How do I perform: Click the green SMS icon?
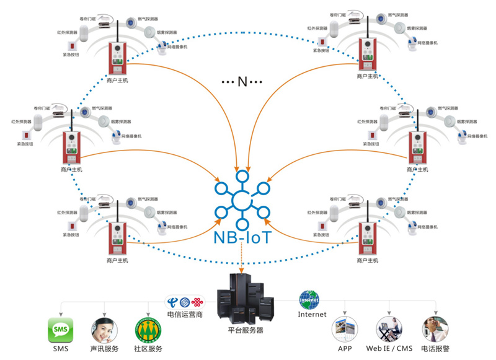pos(61,330)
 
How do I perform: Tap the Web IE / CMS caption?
pos(389,349)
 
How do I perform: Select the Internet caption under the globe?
pos(312,314)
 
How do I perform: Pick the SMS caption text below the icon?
pos(61,349)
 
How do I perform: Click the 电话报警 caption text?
pos(436,349)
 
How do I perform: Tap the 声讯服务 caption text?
pos(105,349)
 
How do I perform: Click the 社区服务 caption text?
pos(148,349)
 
